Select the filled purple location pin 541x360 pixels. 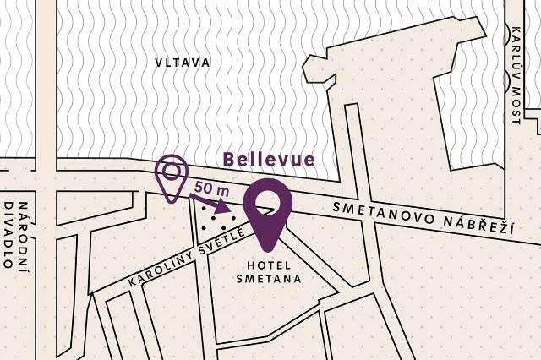coord(268,212)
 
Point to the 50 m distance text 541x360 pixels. coord(210,186)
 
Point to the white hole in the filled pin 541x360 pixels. coord(268,200)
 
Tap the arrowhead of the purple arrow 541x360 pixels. coord(224,206)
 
